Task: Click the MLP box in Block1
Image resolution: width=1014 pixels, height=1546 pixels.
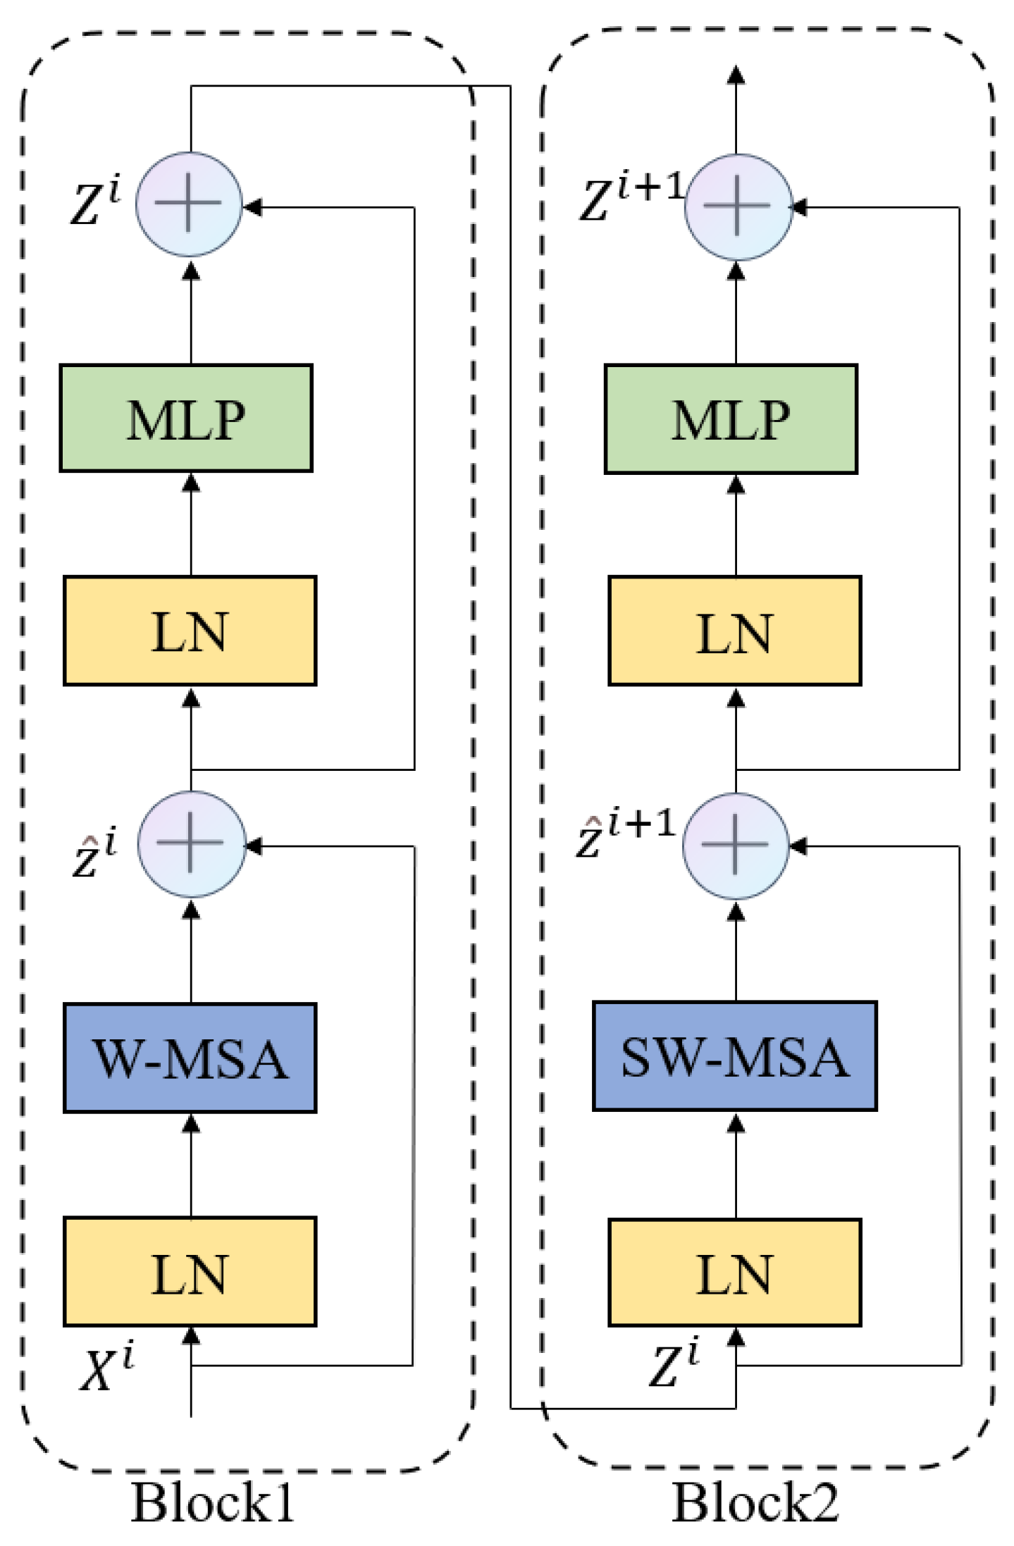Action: click(x=186, y=418)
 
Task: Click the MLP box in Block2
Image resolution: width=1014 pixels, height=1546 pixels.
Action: click(x=731, y=419)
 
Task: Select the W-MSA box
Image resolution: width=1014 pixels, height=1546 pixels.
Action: click(x=190, y=1058)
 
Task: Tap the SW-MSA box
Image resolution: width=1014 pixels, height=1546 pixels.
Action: click(x=735, y=1056)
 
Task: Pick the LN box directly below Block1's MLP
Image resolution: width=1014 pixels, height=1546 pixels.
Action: click(x=190, y=631)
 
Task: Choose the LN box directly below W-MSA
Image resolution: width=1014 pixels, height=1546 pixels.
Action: click(x=190, y=1271)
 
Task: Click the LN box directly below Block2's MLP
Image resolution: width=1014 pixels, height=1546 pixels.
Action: click(x=735, y=631)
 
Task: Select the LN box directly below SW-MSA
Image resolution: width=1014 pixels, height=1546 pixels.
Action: click(x=735, y=1272)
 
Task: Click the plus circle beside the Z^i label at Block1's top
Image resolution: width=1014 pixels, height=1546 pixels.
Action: click(x=189, y=204)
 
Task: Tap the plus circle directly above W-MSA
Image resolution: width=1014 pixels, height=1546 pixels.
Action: click(x=192, y=843)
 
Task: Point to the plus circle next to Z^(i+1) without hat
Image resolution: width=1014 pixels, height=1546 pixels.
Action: click(x=738, y=206)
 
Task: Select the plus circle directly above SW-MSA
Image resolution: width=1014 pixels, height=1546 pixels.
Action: click(x=736, y=846)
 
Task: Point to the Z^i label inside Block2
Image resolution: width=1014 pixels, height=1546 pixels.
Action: click(x=674, y=1361)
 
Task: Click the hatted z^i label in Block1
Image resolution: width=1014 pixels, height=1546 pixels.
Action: click(x=95, y=852)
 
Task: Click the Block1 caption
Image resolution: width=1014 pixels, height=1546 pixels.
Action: click(x=212, y=1503)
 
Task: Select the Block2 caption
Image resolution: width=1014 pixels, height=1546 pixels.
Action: click(x=755, y=1502)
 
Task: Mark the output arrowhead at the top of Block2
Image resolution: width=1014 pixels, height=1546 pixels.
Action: click(x=736, y=75)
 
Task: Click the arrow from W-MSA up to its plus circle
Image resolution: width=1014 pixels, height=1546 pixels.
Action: click(x=191, y=951)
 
